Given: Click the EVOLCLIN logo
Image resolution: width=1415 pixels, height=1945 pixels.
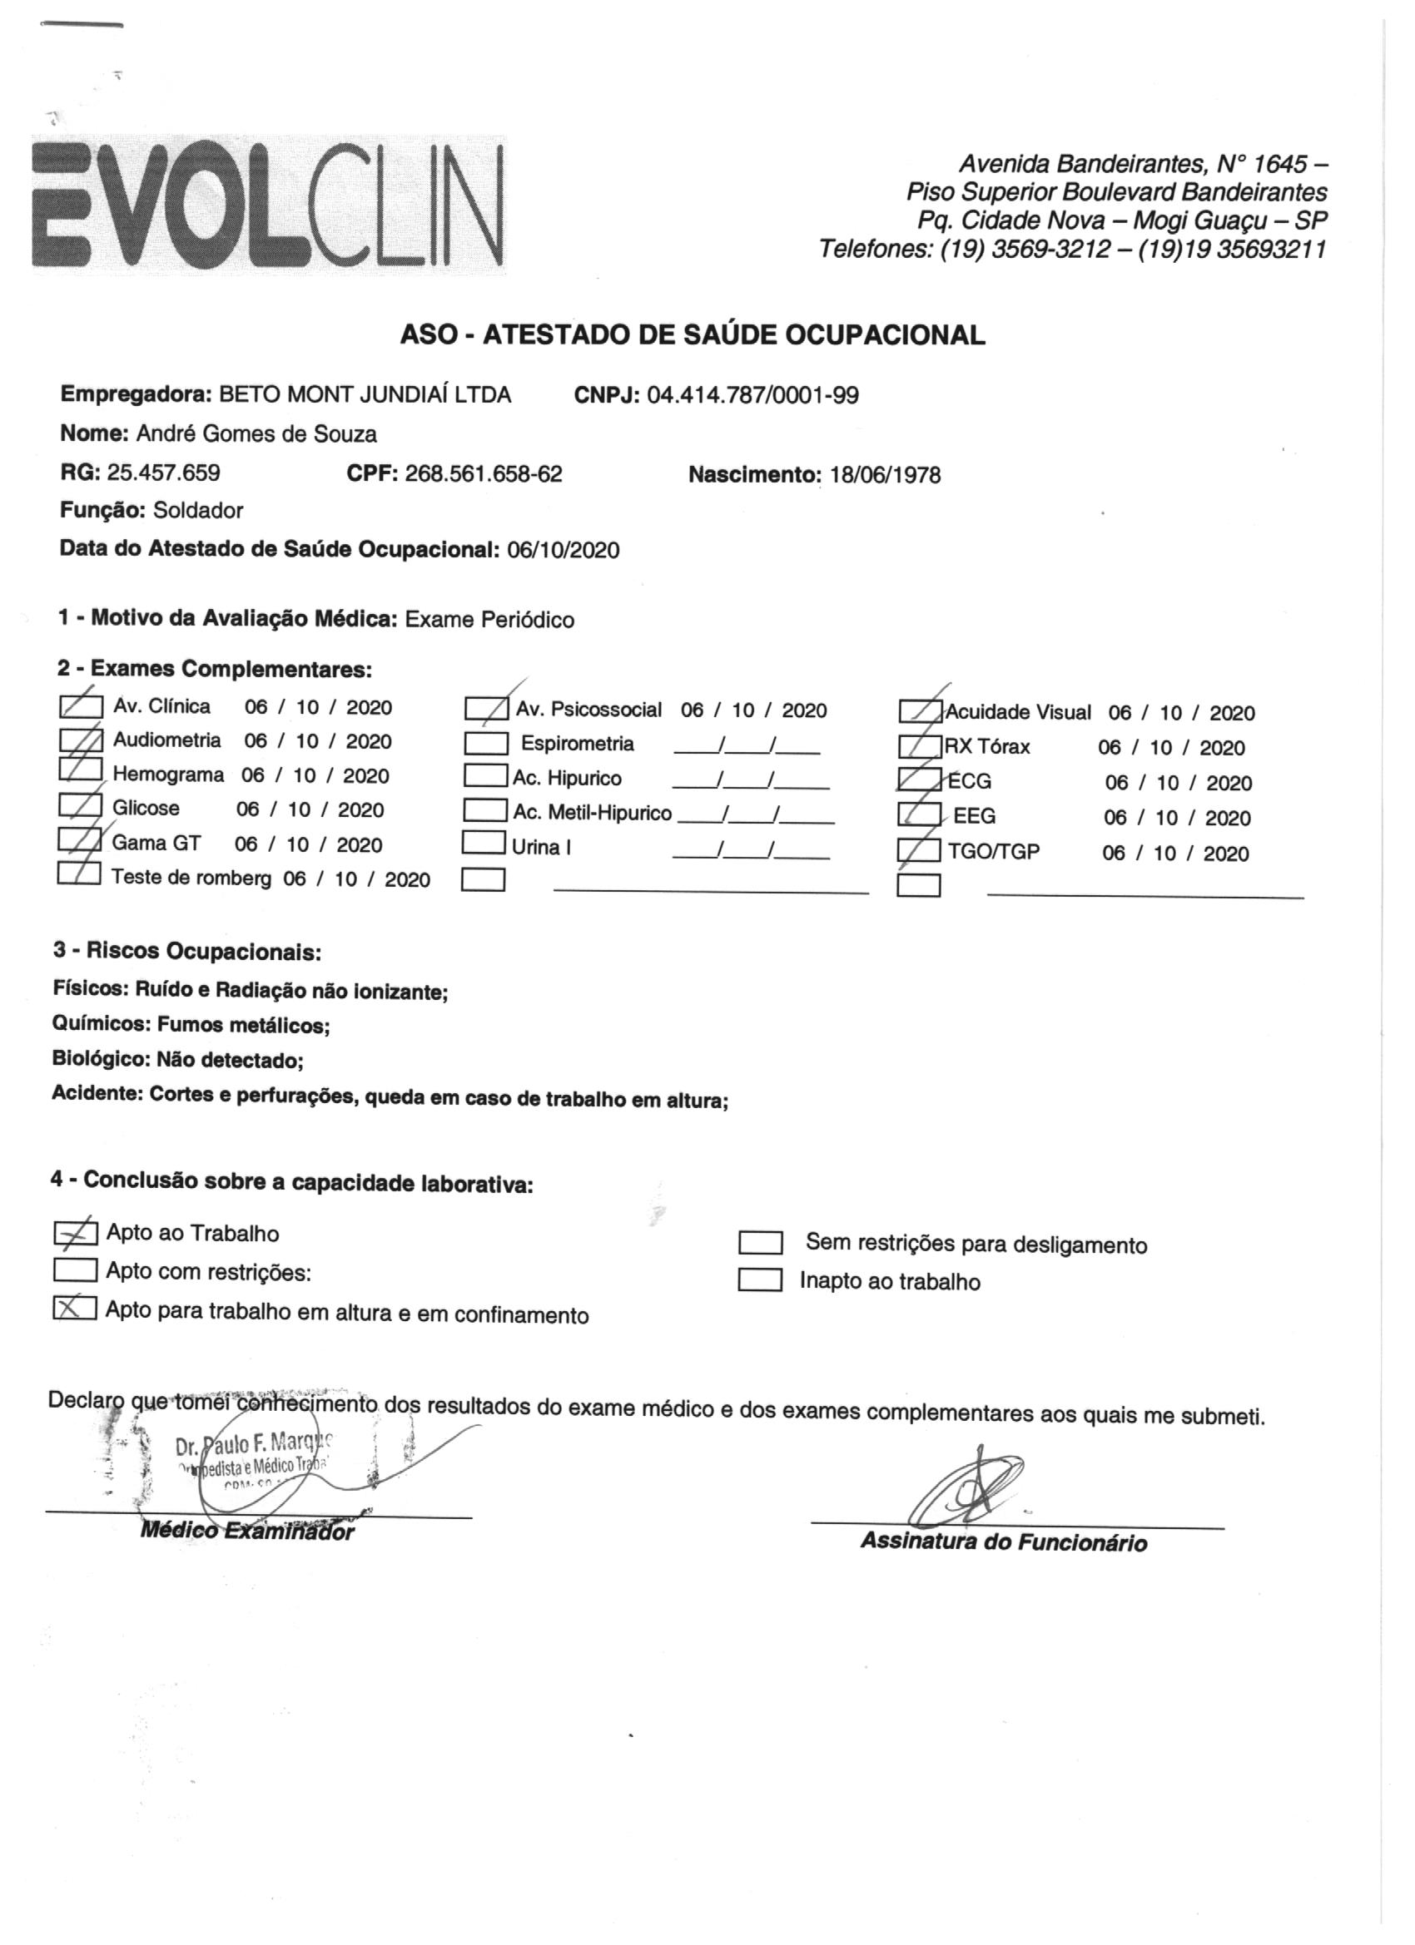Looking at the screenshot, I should pos(268,205).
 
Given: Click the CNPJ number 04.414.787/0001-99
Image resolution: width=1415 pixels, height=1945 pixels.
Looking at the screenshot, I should pos(752,395).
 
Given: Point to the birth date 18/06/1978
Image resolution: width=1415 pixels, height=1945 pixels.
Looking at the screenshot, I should pos(885,475).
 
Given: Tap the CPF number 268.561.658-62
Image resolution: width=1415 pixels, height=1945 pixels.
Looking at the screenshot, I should pos(483,473).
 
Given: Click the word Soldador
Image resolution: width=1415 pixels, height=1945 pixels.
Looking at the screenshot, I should pos(198,511).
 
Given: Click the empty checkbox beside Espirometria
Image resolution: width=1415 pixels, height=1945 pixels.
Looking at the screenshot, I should pos(486,743).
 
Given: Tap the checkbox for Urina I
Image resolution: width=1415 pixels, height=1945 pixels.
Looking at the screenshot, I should pos(483,844).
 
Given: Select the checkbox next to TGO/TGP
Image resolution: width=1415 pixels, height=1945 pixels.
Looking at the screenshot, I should pos(919,851).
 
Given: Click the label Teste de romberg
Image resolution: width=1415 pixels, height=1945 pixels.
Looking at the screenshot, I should pos(191,878).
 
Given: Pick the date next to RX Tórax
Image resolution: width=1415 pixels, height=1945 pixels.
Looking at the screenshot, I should pos(1170,748).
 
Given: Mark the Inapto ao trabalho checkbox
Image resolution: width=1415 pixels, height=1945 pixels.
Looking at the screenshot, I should pos(759,1280).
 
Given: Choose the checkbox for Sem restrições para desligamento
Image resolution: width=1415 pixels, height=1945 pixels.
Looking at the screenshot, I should pos(759,1244).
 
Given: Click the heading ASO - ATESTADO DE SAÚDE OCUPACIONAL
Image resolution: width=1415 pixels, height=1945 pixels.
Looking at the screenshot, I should pos(692,334).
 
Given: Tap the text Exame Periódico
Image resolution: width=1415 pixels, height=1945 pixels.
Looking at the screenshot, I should pos(489,619).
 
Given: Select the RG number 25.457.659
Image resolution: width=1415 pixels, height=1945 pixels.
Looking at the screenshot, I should pos(163,473).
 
